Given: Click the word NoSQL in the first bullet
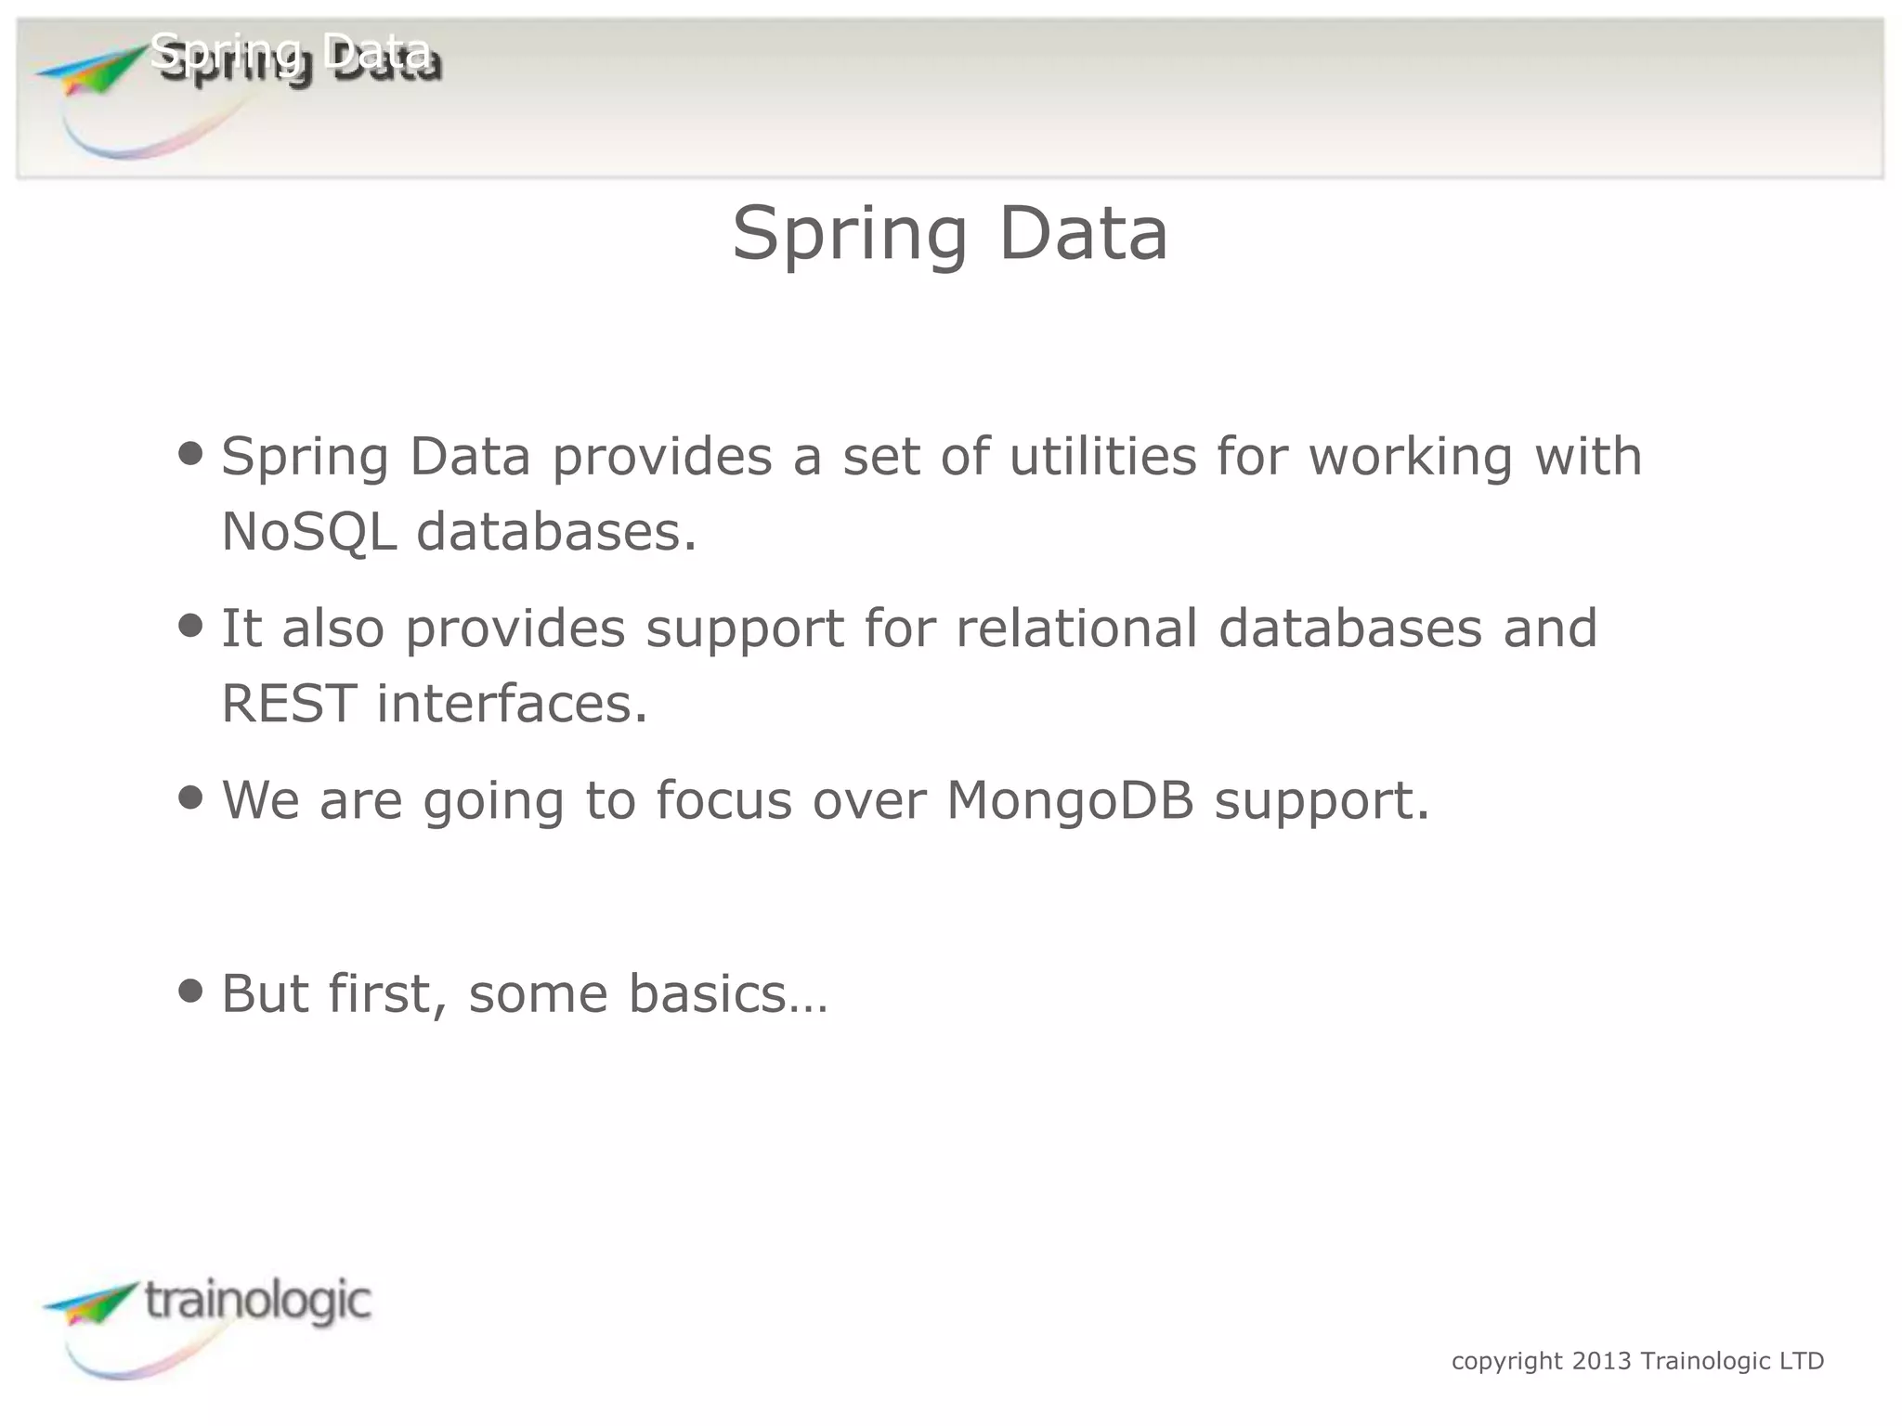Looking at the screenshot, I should [309, 532].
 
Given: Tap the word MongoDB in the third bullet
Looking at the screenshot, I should [1070, 799].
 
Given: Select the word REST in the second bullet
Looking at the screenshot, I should [289, 703].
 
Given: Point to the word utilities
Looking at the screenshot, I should [1102, 456].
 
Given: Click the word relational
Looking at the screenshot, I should [1076, 628].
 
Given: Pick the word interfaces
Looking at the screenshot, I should [512, 703].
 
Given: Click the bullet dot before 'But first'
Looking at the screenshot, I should [190, 991].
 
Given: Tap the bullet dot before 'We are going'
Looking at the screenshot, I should [190, 797].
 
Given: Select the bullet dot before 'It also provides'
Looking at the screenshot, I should [190, 625].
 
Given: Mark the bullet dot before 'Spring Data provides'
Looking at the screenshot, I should [190, 453].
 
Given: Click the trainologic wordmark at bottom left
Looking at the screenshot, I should [257, 1301].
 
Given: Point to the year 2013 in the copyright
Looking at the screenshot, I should [1601, 1361].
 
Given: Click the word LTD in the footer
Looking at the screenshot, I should [1802, 1361].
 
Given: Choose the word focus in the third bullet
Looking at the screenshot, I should [723, 799].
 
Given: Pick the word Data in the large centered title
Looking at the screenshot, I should [1083, 233].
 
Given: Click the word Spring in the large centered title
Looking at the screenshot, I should [850, 235].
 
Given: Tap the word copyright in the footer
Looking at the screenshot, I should [1506, 1362].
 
